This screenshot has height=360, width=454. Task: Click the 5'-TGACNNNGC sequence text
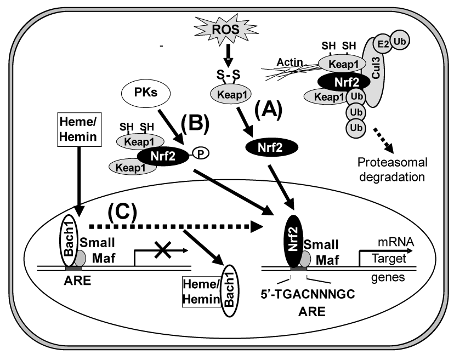click(308, 296)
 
